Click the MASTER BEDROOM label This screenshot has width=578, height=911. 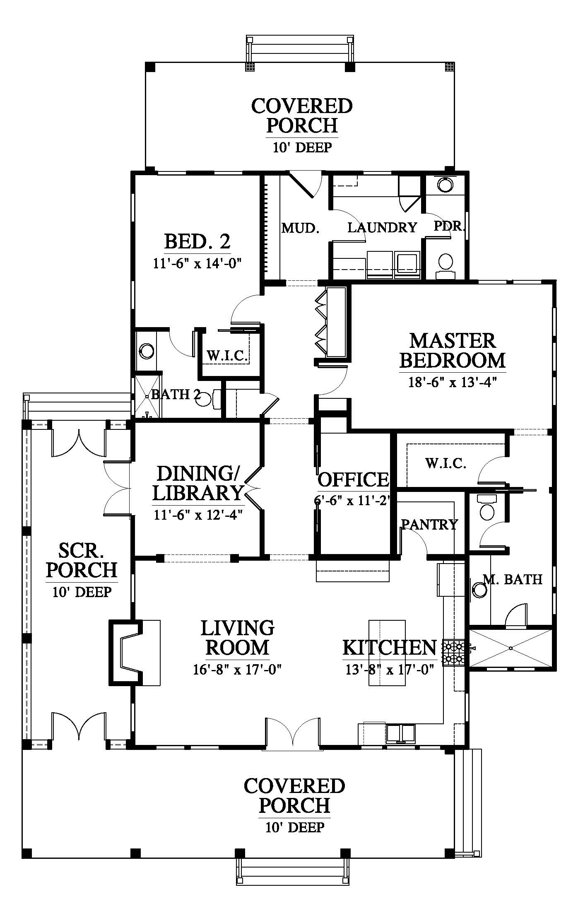[x=452, y=350]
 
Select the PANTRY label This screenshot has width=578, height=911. [x=430, y=525]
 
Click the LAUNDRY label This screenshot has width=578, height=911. [x=382, y=227]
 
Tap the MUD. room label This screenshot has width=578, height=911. [x=301, y=228]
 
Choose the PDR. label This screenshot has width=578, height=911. [x=450, y=227]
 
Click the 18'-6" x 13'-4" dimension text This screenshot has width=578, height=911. [x=452, y=382]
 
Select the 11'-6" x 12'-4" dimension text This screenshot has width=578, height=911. [x=198, y=515]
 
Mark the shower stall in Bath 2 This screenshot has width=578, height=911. [x=147, y=396]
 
